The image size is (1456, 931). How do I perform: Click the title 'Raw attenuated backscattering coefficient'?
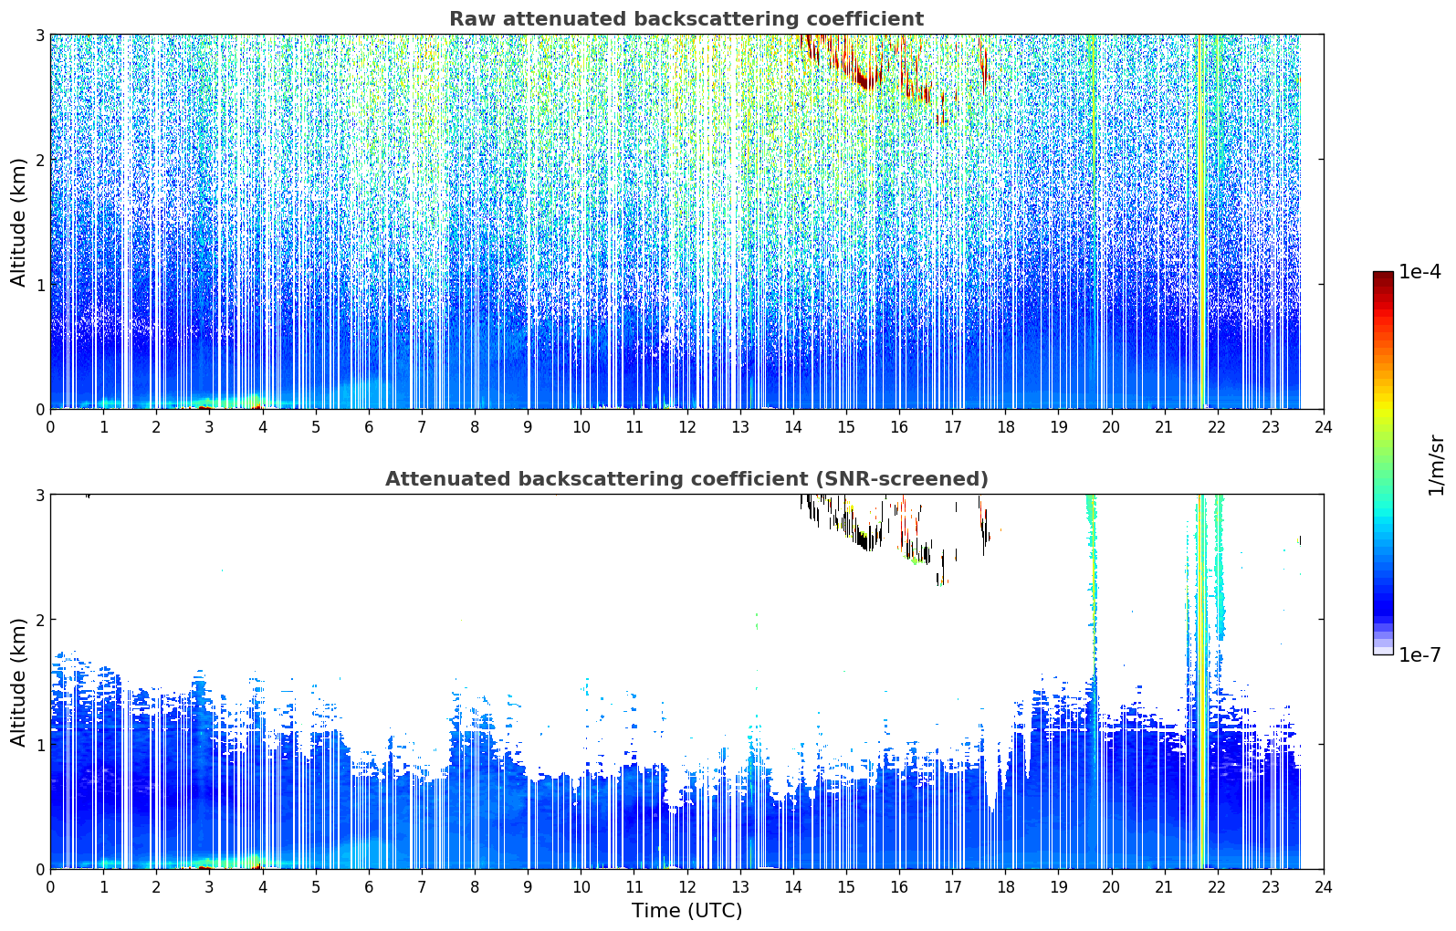pyautogui.click(x=686, y=19)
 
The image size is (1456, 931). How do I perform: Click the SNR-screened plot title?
pyautogui.click(x=686, y=478)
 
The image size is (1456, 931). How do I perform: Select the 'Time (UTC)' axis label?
pyautogui.click(x=686, y=910)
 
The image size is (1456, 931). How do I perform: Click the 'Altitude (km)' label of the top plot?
pyautogui.click(x=19, y=222)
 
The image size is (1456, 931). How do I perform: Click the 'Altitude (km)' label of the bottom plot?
pyautogui.click(x=19, y=682)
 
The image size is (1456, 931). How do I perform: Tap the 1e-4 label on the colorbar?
pyautogui.click(x=1419, y=272)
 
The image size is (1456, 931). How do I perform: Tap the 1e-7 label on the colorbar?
pyautogui.click(x=1419, y=654)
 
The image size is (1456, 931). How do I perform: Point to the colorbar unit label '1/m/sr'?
pyautogui.click(x=1436, y=465)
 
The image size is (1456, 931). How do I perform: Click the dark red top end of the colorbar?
pyautogui.click(x=1383, y=275)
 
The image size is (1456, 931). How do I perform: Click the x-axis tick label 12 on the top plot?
pyautogui.click(x=687, y=427)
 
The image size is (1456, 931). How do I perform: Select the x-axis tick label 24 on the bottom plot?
pyautogui.click(x=1324, y=887)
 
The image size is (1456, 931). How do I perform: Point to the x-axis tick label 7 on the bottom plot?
pyautogui.click(x=422, y=887)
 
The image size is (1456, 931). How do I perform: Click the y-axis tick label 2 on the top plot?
pyautogui.click(x=39, y=160)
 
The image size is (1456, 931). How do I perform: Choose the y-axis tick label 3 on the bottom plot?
pyautogui.click(x=39, y=496)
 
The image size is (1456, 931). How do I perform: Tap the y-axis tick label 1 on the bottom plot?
pyautogui.click(x=39, y=745)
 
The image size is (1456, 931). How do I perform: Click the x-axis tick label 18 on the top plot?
pyautogui.click(x=1006, y=427)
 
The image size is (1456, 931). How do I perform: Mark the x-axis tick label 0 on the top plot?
pyautogui.click(x=51, y=427)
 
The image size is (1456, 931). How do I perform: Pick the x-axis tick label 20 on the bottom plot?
pyautogui.click(x=1112, y=887)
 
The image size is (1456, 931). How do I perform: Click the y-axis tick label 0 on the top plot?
pyautogui.click(x=39, y=410)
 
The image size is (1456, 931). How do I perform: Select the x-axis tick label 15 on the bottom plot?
pyautogui.click(x=846, y=887)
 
